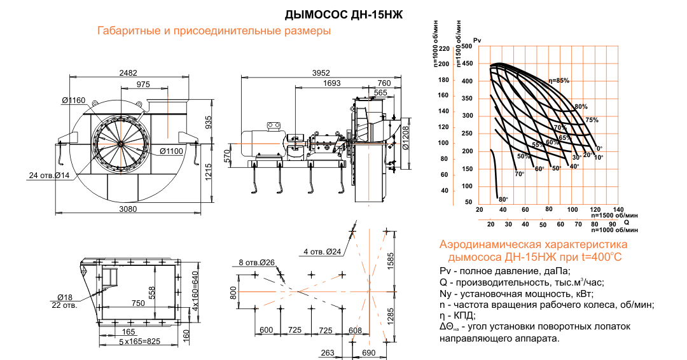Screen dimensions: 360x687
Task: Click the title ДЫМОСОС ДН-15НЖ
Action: pyautogui.click(x=344, y=15)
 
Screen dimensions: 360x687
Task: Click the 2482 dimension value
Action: pyautogui.click(x=128, y=73)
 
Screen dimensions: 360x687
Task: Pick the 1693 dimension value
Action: pyautogui.click(x=331, y=83)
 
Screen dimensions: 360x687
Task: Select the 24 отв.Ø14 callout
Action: pyautogui.click(x=49, y=175)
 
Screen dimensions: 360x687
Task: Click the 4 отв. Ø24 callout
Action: pyautogui.click(x=323, y=252)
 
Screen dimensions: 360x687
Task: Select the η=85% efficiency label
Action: pyautogui.click(x=559, y=81)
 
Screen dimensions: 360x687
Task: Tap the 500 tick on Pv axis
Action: pyautogui.click(x=467, y=46)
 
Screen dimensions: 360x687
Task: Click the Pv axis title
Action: pyautogui.click(x=478, y=41)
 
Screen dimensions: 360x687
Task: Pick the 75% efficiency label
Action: pyautogui.click(x=592, y=120)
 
